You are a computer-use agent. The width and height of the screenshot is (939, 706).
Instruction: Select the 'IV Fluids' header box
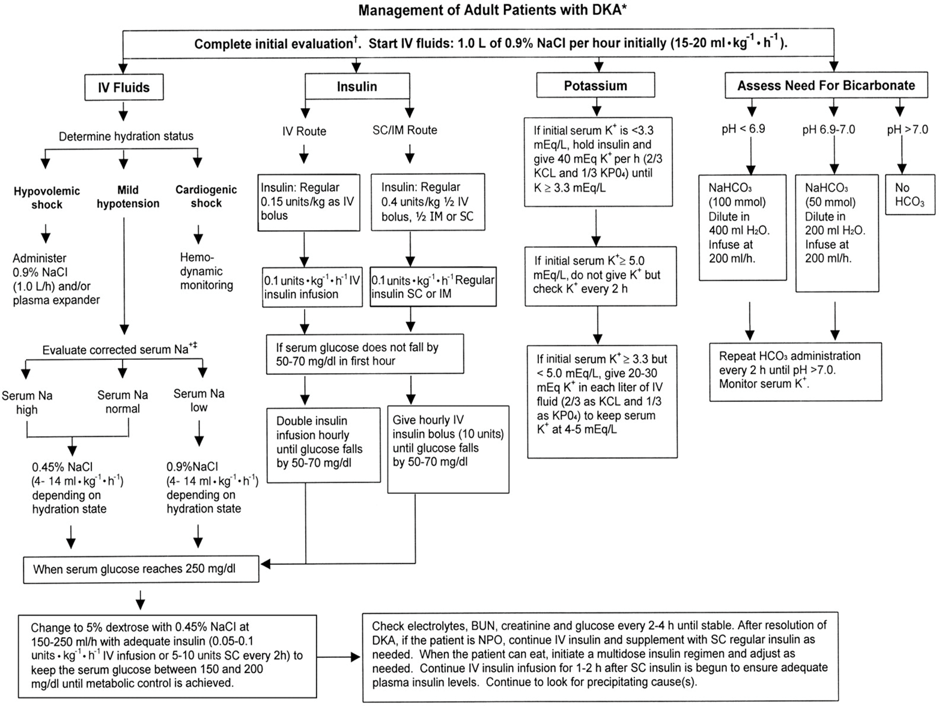[123, 88]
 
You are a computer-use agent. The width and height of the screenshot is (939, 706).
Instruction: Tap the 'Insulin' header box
[357, 87]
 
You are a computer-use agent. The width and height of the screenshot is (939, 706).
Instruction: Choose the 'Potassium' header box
[595, 86]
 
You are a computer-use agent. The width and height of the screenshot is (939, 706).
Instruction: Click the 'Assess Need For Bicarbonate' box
[825, 86]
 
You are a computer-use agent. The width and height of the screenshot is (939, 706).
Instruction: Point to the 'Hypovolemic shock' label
[47, 198]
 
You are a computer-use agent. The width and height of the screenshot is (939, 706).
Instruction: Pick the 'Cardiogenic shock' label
[206, 196]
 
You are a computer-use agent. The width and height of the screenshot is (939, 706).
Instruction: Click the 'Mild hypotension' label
[128, 196]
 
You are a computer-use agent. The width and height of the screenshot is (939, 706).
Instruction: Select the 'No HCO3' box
[910, 195]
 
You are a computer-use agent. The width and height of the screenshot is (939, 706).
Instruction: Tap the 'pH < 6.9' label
[743, 129]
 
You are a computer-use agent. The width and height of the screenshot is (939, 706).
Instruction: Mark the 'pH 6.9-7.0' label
[828, 130]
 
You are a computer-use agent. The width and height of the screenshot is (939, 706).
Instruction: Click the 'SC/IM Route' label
[404, 130]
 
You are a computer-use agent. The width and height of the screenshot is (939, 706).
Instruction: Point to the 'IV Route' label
[304, 131]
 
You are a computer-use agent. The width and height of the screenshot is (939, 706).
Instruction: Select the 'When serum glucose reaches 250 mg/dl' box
[141, 569]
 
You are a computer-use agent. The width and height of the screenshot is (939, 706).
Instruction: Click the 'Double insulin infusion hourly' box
[323, 445]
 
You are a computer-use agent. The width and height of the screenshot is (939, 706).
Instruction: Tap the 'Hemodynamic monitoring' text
[206, 272]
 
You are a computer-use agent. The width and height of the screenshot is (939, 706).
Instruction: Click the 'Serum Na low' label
[199, 400]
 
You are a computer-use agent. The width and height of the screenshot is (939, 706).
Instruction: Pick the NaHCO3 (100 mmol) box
[742, 227]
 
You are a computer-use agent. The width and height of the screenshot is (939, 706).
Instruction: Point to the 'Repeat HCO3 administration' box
[795, 371]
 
